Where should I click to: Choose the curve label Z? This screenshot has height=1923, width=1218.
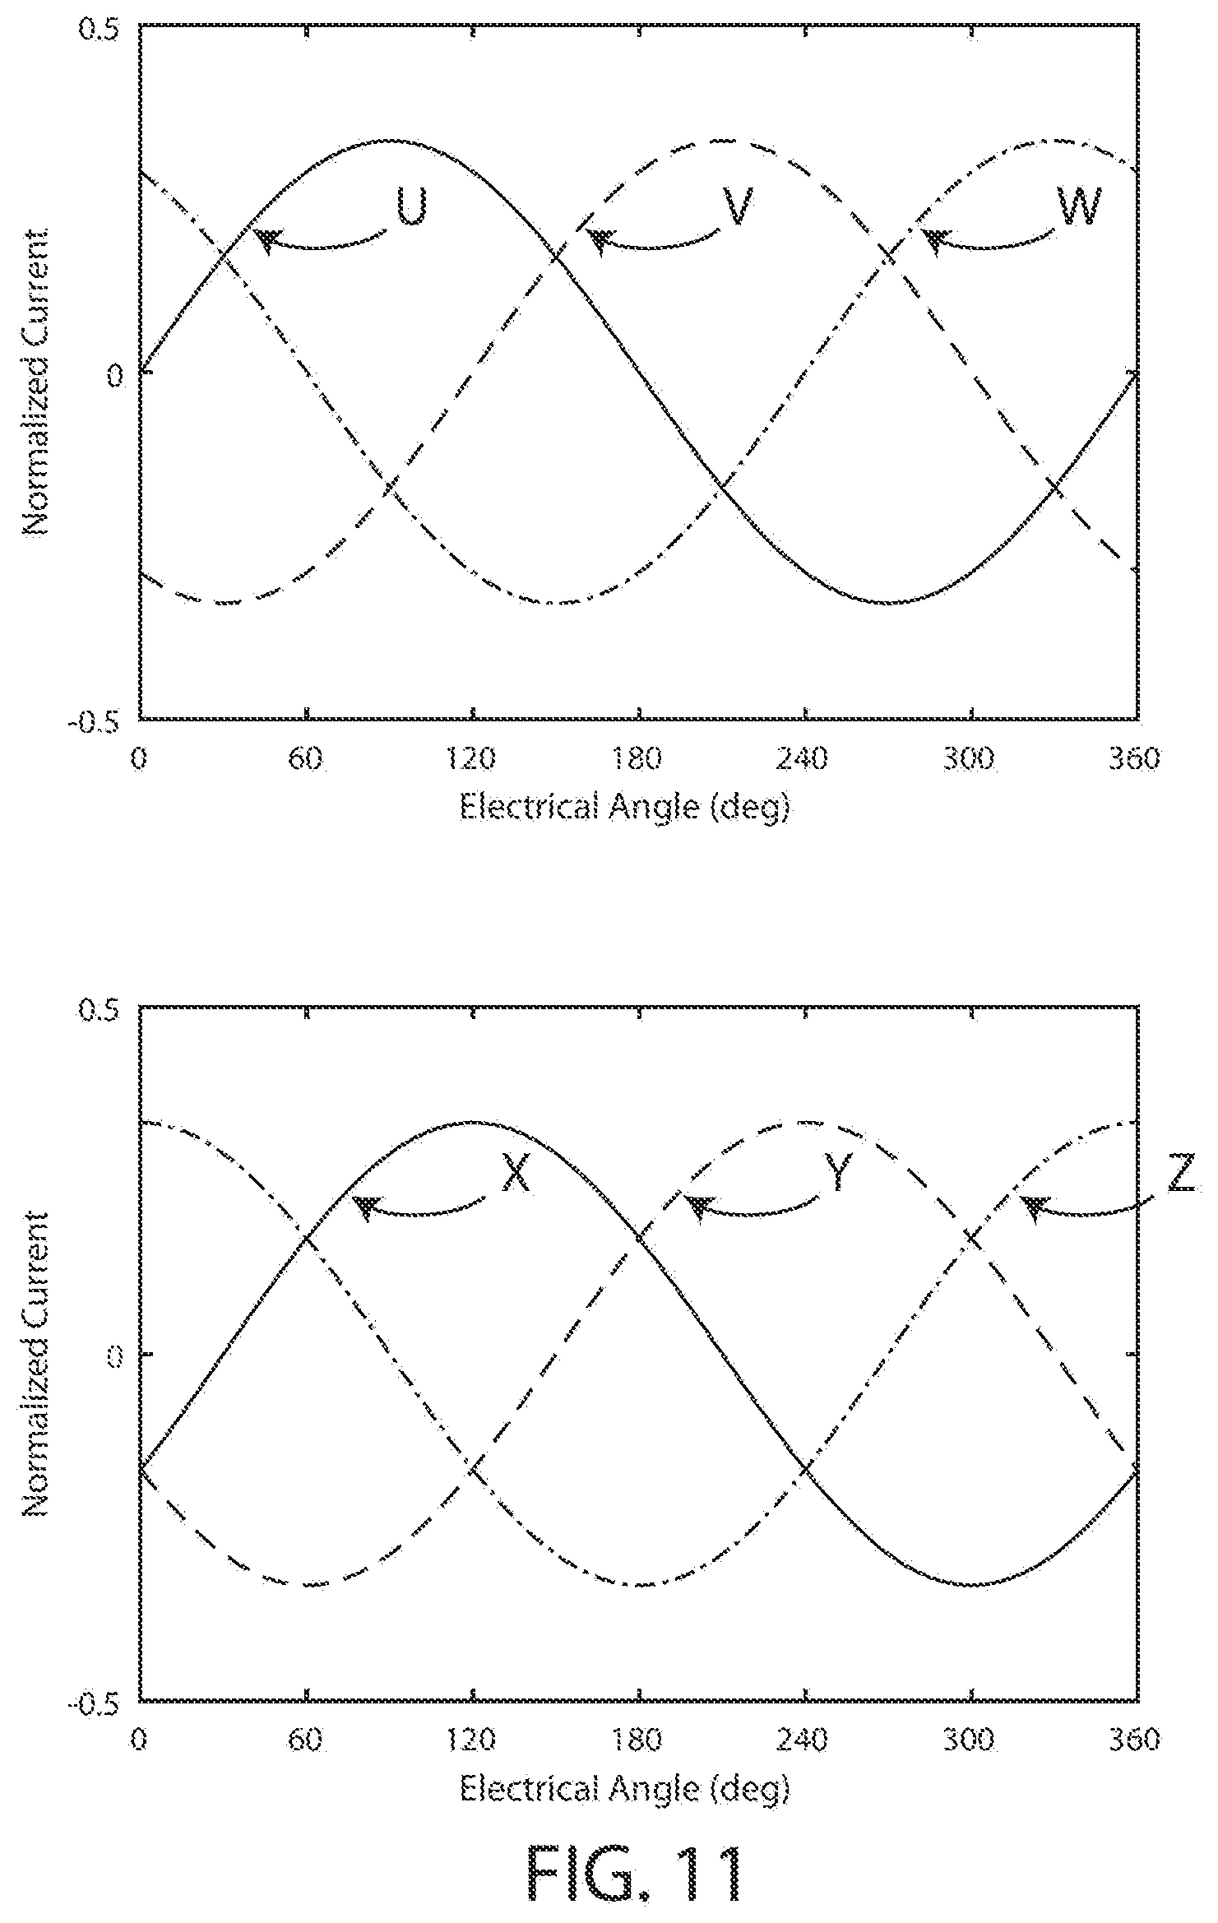[1180, 1177]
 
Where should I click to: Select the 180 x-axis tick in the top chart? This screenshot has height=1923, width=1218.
[638, 758]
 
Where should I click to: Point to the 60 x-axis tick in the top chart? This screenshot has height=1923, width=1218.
[305, 758]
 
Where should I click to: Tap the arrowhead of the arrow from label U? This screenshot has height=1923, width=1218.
[265, 239]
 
